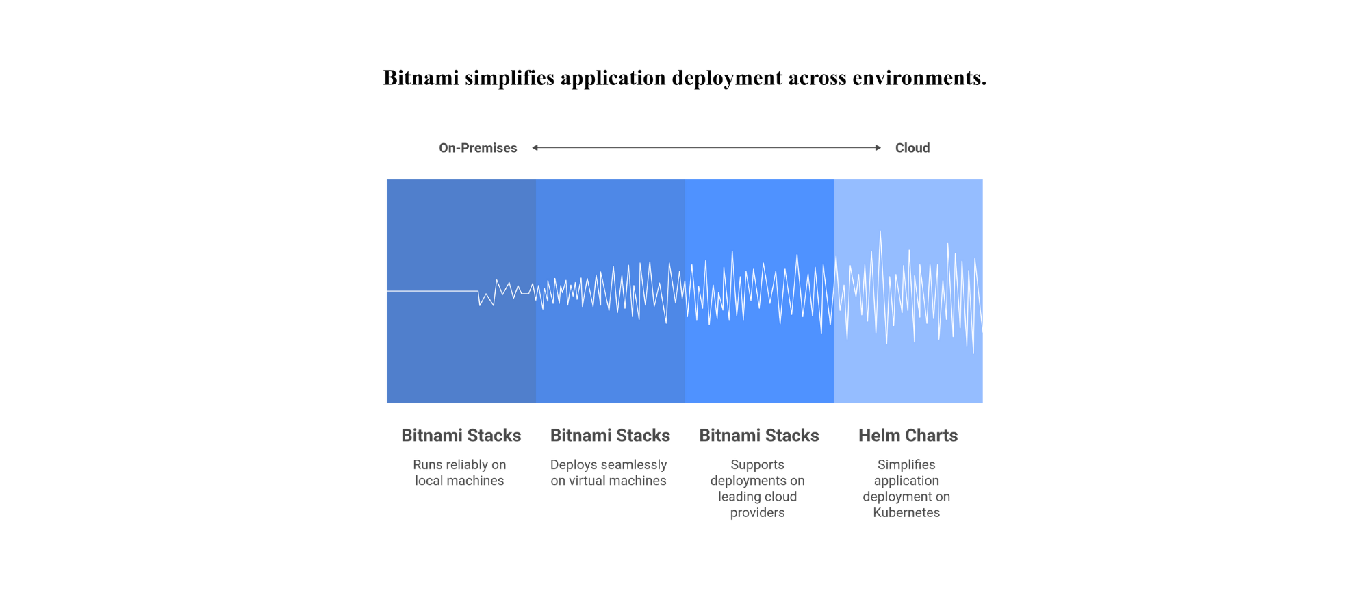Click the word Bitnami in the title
[421, 77]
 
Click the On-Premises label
[478, 148]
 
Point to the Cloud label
[912, 148]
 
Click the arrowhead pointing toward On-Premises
[535, 147]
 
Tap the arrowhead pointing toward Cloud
[878, 147]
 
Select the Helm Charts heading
[908, 436]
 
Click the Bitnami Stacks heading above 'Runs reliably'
[461, 436]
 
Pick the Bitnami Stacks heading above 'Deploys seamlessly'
[610, 436]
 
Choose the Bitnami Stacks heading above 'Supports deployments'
[759, 436]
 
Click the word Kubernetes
[906, 513]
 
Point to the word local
[429, 481]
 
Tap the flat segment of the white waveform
[432, 291]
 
